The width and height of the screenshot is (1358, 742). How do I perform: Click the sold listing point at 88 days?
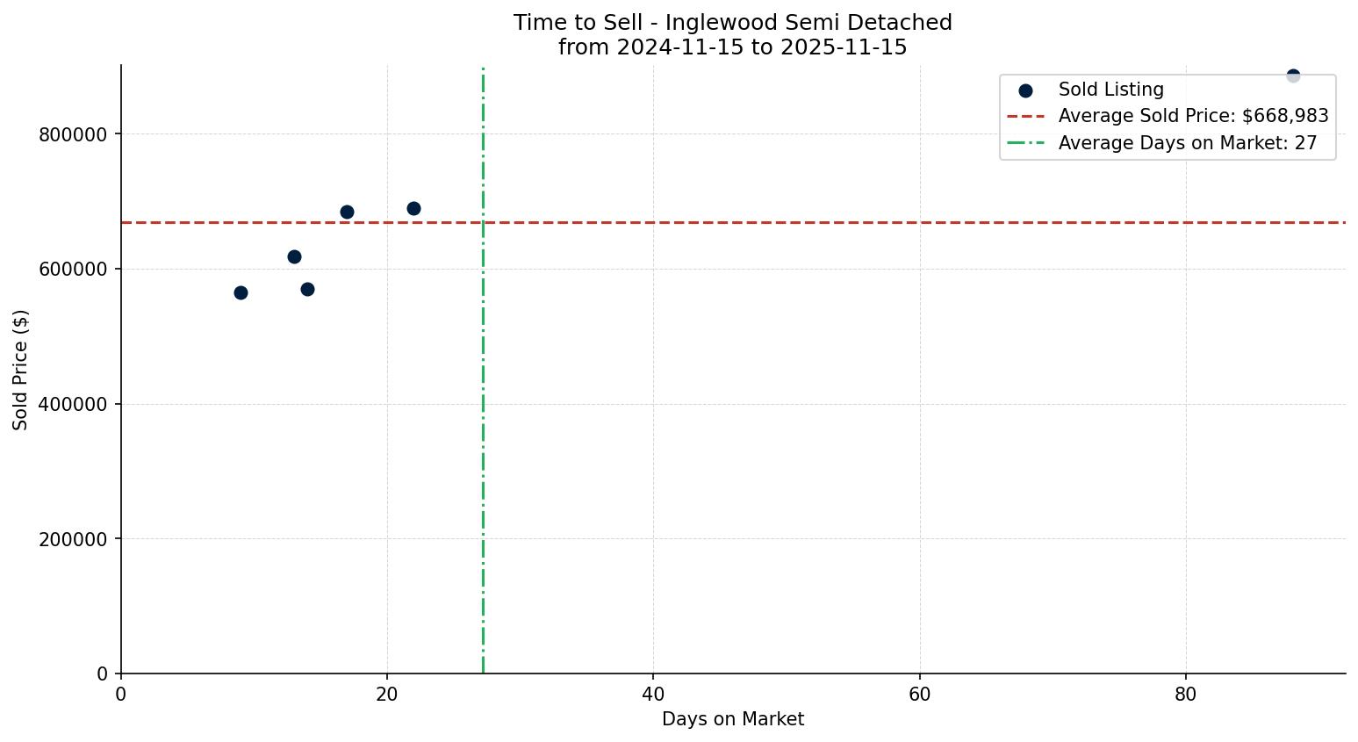coord(1292,76)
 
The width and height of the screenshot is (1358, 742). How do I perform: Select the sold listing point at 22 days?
coord(413,208)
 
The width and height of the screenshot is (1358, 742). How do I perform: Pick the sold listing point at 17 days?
coord(347,212)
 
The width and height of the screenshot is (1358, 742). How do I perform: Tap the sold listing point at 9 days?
coord(241,292)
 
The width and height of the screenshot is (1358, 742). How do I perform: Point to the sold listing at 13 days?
coord(294,256)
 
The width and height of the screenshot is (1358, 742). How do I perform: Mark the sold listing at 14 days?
coord(307,289)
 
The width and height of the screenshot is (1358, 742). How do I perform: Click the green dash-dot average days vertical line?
coord(483,439)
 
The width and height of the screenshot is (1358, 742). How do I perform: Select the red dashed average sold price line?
coord(790,223)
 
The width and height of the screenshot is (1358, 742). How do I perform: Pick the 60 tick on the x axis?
coord(919,694)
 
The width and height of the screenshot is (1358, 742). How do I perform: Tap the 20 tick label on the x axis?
coord(387,694)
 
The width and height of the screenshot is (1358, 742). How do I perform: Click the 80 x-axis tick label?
coord(1185,694)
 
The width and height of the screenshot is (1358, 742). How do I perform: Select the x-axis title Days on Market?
coord(733,719)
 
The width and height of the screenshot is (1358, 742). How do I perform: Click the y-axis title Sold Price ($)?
coord(20,369)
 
